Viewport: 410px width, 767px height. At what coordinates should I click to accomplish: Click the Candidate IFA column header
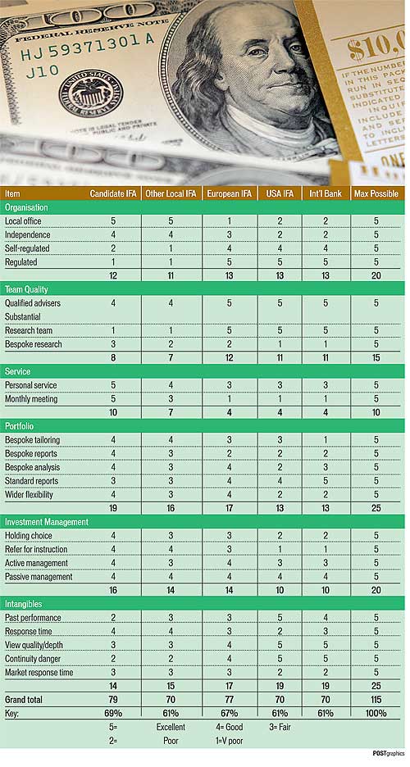pos(112,193)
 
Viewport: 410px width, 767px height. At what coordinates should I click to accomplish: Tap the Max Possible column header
pos(376,193)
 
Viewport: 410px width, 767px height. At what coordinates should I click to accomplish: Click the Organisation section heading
pos(26,207)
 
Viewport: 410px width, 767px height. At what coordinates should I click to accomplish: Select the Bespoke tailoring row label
pos(32,440)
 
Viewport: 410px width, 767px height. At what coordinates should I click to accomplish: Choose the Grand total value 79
pos(112,700)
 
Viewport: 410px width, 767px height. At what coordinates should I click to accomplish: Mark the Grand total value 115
pos(376,700)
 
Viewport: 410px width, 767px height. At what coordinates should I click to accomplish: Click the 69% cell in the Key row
pos(112,713)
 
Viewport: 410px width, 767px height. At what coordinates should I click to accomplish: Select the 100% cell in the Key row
pos(376,713)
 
